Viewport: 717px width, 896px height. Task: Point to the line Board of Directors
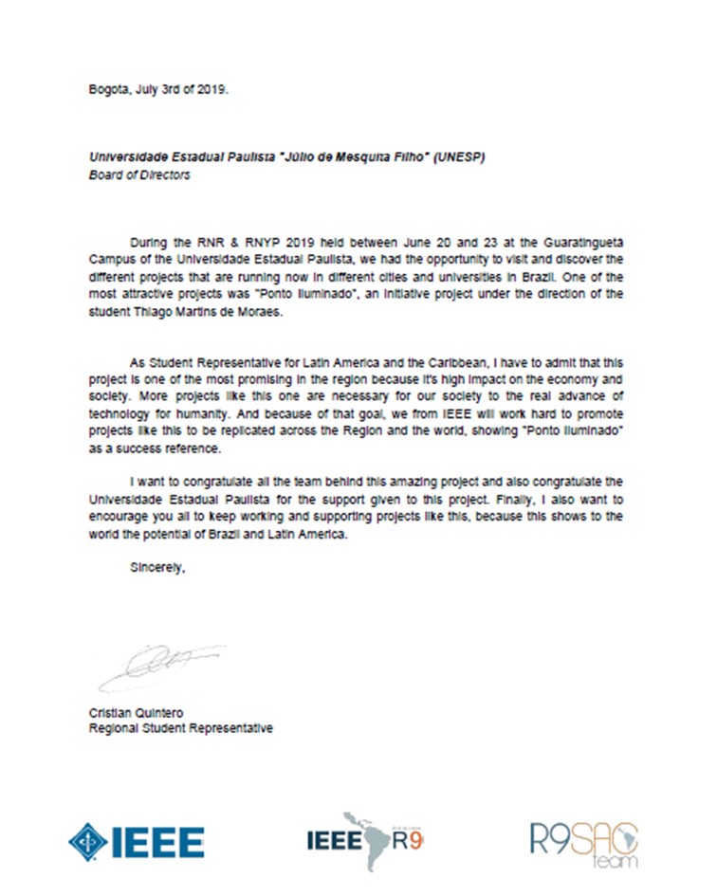(138, 175)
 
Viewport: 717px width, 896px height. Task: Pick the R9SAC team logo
(584, 841)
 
